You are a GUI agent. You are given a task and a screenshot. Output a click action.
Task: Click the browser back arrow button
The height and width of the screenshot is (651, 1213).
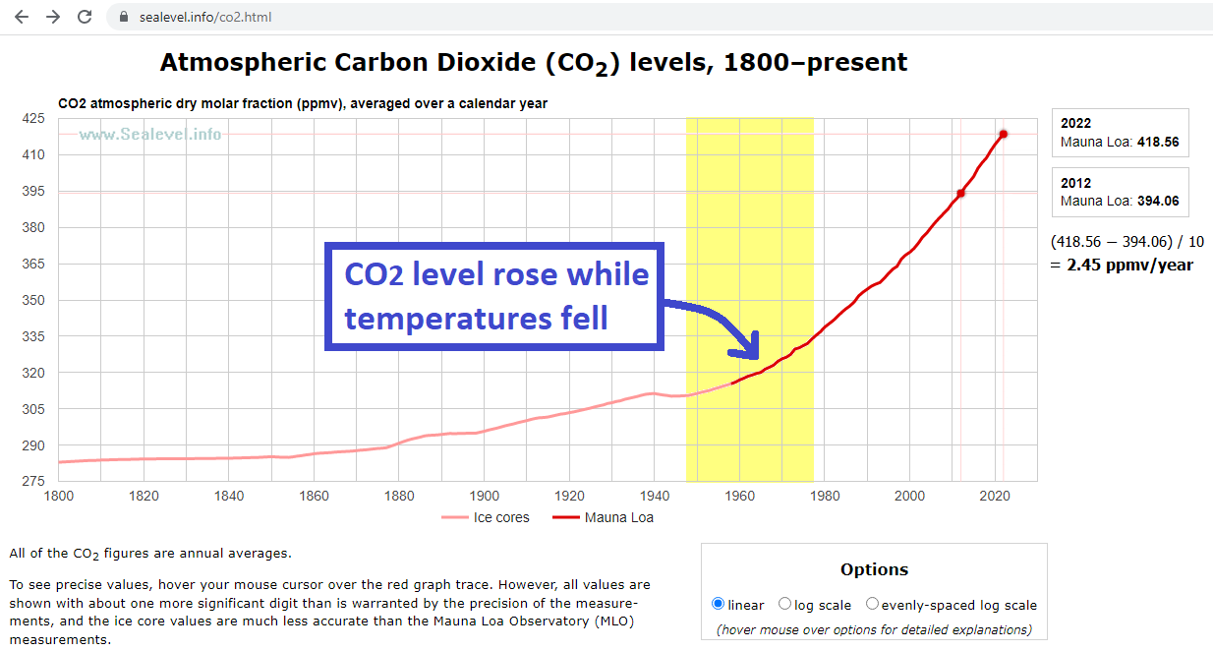click(22, 17)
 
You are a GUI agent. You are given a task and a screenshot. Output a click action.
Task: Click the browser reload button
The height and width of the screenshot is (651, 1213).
click(85, 17)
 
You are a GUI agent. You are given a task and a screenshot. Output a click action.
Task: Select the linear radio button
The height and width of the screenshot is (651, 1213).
click(718, 604)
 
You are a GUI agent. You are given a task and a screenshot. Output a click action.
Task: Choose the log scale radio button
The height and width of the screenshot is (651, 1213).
click(784, 604)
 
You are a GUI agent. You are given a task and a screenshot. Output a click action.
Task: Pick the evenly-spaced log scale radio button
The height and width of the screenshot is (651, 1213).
click(872, 604)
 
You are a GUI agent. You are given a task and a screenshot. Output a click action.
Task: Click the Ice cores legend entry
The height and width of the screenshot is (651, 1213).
click(486, 517)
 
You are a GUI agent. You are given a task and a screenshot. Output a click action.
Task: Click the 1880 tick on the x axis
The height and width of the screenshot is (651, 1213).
click(398, 496)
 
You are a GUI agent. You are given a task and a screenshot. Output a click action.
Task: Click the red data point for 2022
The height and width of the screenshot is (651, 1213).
click(1004, 134)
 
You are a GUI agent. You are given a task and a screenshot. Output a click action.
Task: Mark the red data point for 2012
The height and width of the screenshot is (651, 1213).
click(960, 193)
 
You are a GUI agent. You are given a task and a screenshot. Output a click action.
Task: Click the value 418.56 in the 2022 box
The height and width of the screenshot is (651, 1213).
click(1158, 142)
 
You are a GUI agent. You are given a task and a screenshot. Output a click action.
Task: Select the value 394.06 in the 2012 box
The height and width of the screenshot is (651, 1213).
click(1158, 201)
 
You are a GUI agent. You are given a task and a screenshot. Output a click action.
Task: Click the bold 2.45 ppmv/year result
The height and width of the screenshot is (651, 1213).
click(1129, 265)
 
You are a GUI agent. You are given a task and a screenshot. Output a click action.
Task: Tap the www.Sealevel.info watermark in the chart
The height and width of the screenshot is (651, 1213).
click(150, 135)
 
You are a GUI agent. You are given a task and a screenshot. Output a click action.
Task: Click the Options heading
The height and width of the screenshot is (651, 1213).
click(874, 569)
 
